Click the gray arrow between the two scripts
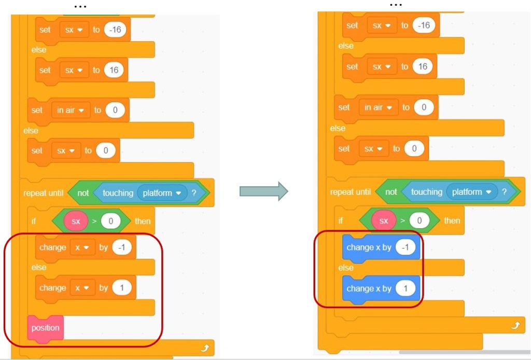tap(263, 191)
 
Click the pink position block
tap(45, 328)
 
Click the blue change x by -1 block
tap(381, 247)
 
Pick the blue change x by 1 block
tap(381, 288)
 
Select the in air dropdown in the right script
tap(378, 107)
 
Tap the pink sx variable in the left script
tap(76, 221)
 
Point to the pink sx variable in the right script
tap(384, 221)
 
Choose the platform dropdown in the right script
tap(471, 192)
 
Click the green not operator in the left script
tap(83, 193)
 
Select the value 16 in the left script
tap(114, 70)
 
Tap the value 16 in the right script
tap(423, 66)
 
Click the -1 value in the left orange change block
tap(121, 247)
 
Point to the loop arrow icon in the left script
tap(204, 348)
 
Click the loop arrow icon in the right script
tap(515, 325)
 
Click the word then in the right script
tap(452, 220)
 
